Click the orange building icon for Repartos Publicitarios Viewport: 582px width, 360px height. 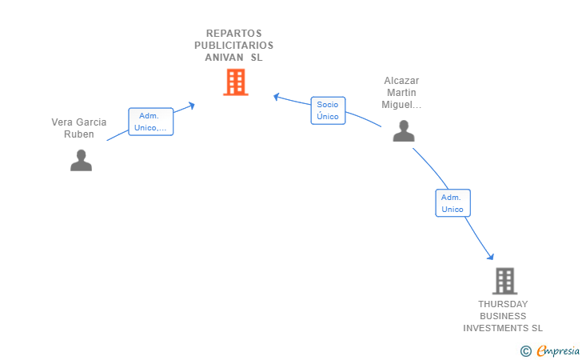pos(235,82)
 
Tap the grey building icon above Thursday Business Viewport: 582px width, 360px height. pos(504,281)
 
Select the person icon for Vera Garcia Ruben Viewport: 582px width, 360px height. pos(81,160)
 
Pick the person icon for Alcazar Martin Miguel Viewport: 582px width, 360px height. pos(404,130)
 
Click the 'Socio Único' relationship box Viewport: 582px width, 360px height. pos(328,110)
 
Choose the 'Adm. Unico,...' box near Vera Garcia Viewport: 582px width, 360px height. pos(150,122)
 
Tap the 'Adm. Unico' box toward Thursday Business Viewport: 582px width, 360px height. pos(452,203)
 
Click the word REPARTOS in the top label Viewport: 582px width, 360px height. pos(233,34)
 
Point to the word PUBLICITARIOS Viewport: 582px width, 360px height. pos(233,46)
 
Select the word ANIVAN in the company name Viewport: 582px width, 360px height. pos(223,58)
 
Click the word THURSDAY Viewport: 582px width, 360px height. pos(503,304)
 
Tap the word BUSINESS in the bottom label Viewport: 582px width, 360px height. pos(503,316)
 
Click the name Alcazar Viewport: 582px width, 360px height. pos(401,81)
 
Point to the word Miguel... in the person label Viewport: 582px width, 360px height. pos(401,105)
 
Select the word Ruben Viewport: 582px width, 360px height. pos(79,134)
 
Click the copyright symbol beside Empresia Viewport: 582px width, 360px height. pos(525,350)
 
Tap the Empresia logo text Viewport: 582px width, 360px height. pos(558,350)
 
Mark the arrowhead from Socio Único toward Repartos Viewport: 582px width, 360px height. pos(276,97)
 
